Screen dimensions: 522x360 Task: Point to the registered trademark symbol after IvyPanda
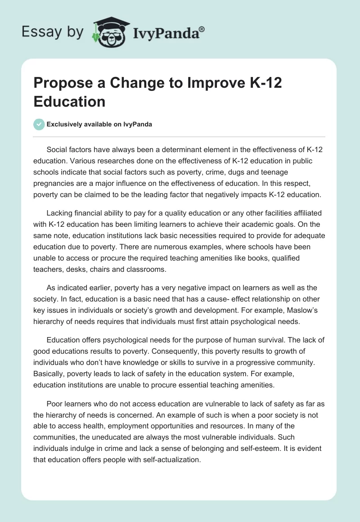[x=202, y=28]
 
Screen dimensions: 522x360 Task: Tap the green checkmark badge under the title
[x=39, y=124]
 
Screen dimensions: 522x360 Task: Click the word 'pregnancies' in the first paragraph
[x=54, y=183]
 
